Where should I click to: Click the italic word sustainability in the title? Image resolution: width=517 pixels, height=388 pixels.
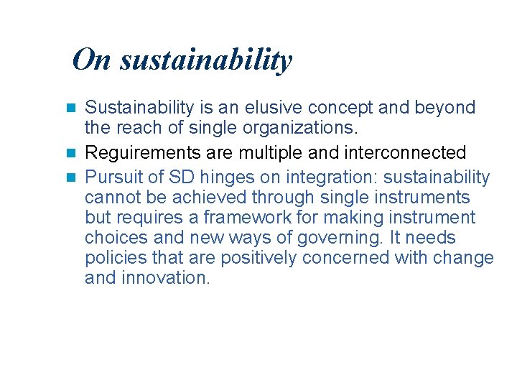[206, 60]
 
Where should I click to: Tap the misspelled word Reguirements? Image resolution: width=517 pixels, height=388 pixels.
[137, 153]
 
